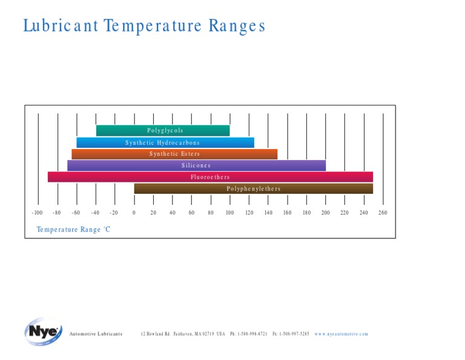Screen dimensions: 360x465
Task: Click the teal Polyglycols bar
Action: pos(163,130)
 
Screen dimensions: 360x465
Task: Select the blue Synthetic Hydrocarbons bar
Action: pos(165,142)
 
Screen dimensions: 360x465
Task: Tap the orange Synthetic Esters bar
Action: pos(174,154)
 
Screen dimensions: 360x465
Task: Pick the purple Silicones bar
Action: pos(196,165)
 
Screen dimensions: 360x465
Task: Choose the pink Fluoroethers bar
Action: pos(210,177)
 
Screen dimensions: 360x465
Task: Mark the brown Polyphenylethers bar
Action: pos(253,188)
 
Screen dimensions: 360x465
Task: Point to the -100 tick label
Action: pos(37,213)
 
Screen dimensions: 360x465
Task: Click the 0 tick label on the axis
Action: pos(134,213)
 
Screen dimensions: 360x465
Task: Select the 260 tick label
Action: pos(383,213)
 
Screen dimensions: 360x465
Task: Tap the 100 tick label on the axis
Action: pos(229,213)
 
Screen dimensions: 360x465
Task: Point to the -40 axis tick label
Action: pos(95,213)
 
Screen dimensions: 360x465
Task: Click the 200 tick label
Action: pos(325,213)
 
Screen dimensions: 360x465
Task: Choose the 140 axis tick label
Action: pos(268,213)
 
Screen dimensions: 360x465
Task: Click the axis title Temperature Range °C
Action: pos(73,230)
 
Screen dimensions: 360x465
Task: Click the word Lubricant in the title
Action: pos(61,26)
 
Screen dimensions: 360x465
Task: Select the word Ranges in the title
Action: pos(237,26)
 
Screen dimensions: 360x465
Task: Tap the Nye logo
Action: pos(42,332)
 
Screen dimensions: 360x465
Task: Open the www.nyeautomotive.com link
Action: pos(341,334)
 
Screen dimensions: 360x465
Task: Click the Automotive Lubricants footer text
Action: pos(96,334)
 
